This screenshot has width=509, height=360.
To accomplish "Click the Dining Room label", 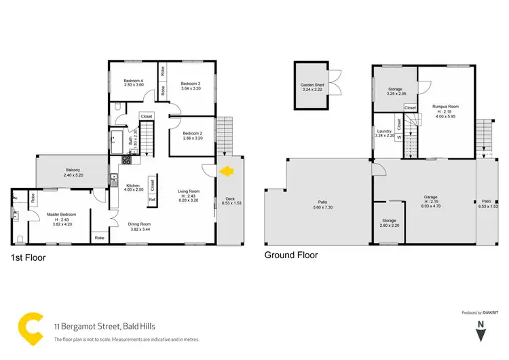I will click(139, 224).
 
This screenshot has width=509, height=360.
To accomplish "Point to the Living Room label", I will click(187, 191).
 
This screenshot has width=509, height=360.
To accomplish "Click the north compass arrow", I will click(480, 333).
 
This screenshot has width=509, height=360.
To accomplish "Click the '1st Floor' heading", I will click(29, 257).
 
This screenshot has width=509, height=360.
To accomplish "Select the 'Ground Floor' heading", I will click(291, 255).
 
